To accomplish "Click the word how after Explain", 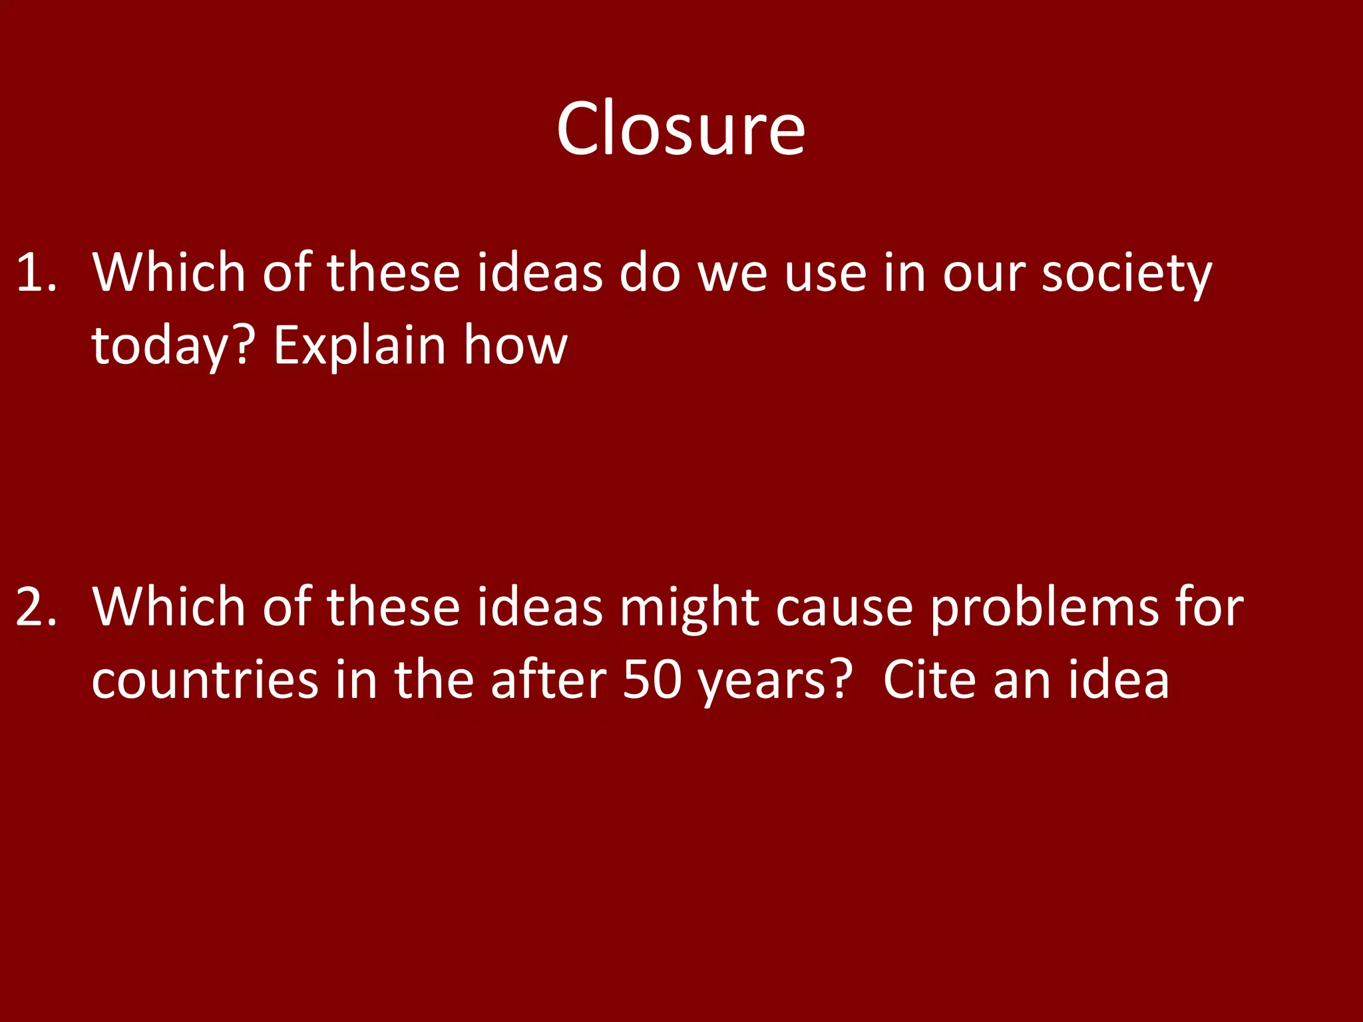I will pyautogui.click(x=516, y=346).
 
